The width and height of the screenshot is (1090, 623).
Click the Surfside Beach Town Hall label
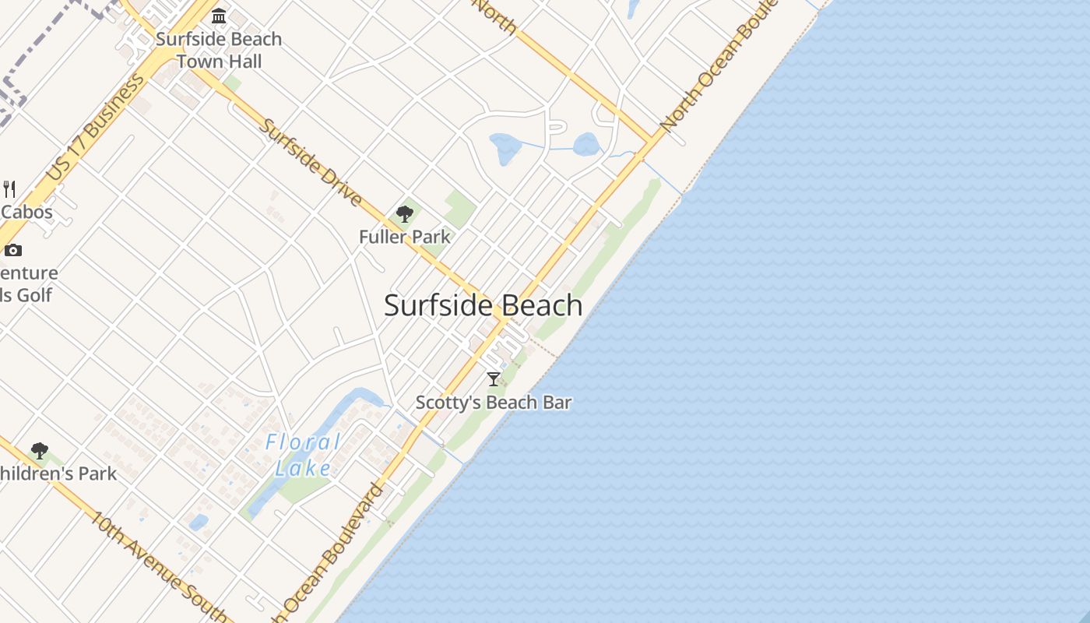(219, 50)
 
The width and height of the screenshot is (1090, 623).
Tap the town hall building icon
(219, 16)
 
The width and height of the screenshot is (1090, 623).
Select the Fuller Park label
(404, 236)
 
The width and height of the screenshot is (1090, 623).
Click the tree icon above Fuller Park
(404, 214)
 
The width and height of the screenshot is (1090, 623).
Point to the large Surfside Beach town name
(483, 305)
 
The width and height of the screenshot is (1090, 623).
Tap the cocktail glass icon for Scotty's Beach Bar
(493, 379)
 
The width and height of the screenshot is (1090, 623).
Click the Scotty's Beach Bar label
(494, 403)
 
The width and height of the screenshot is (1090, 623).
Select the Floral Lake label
(303, 455)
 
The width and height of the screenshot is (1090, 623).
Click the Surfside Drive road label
(310, 162)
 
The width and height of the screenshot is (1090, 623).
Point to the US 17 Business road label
(95, 128)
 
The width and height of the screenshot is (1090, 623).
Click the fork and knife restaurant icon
(9, 188)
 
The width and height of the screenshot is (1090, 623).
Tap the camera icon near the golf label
(12, 250)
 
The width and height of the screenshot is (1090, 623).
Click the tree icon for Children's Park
(39, 451)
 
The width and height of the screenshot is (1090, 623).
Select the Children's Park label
(58, 473)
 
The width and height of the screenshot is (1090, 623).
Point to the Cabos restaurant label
(26, 212)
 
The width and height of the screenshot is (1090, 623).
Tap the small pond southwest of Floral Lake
(199, 522)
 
